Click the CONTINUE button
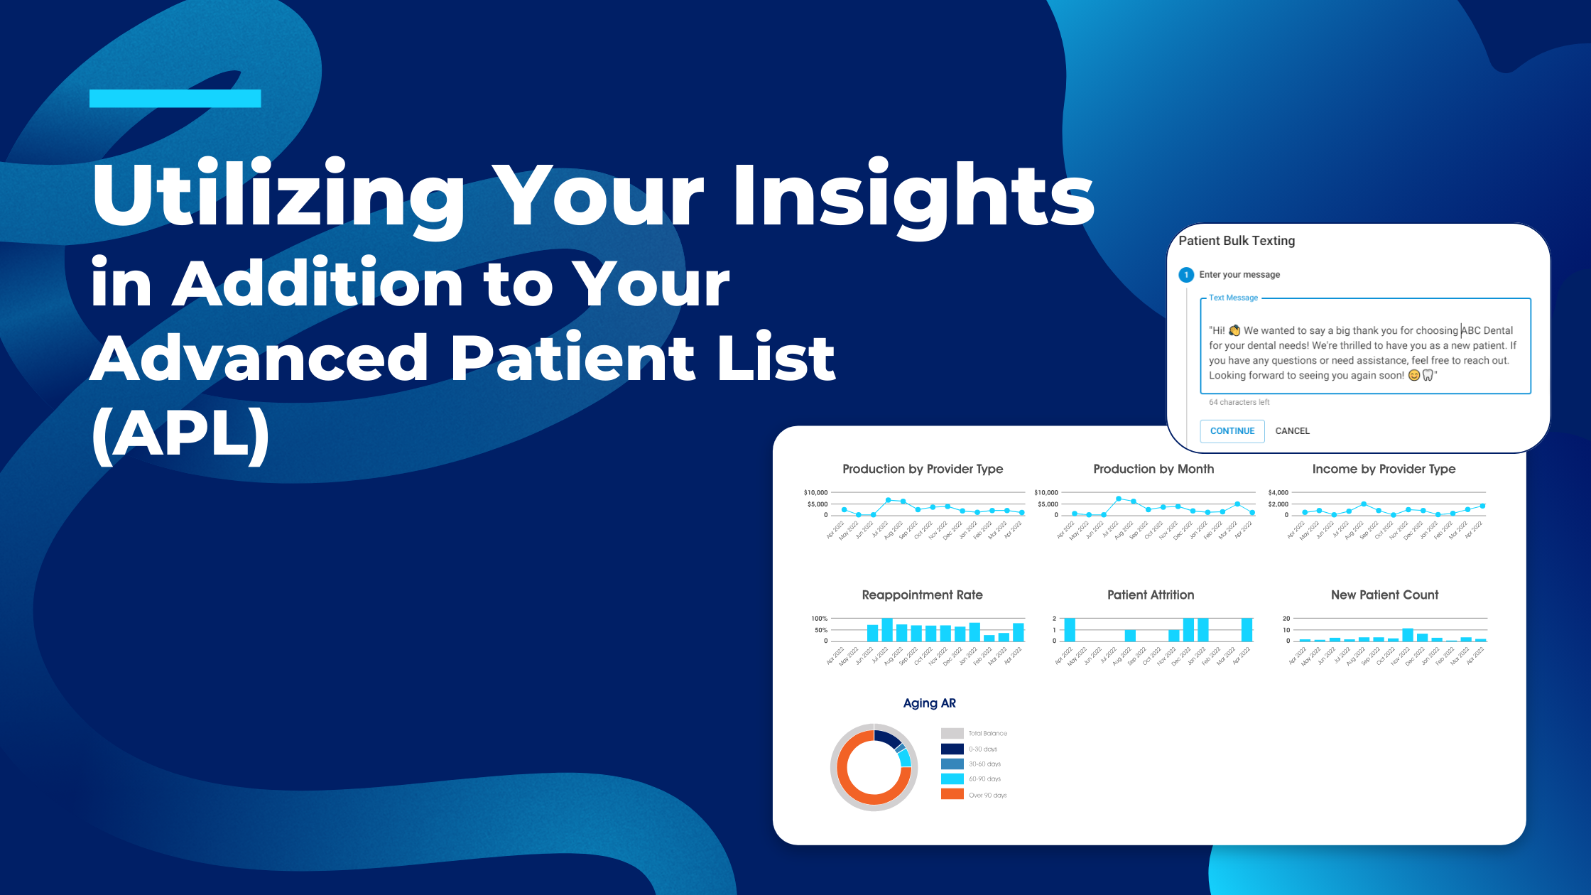[x=1232, y=431]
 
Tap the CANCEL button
[x=1292, y=431]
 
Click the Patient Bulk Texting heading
[x=1236, y=241]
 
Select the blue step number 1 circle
[x=1185, y=275]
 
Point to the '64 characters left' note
[x=1239, y=402]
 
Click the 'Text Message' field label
[x=1233, y=298]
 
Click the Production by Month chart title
[x=1153, y=469]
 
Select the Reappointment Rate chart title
[x=922, y=595]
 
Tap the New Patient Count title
[x=1384, y=595]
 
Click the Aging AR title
[x=929, y=703]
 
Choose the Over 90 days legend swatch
[x=952, y=794]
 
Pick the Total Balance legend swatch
[x=952, y=733]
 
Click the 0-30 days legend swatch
[x=952, y=749]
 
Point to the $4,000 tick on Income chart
[x=1278, y=492]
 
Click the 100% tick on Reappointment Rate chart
[x=819, y=619]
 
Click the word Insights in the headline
[x=913, y=195]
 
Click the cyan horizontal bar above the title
[x=175, y=99]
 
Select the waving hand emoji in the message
[x=1234, y=330]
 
